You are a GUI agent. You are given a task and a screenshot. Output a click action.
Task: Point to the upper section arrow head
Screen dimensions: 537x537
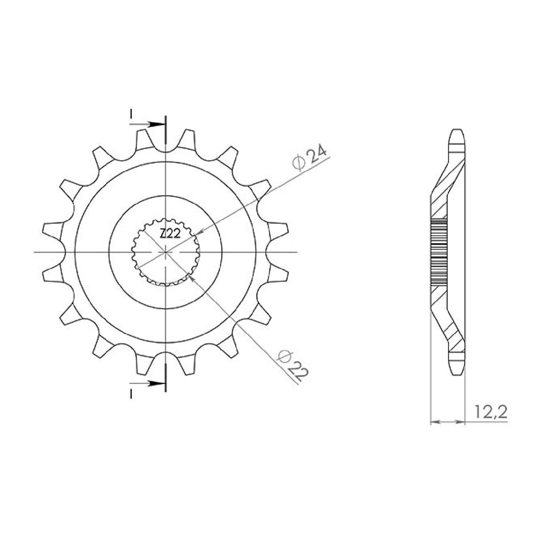(x=155, y=124)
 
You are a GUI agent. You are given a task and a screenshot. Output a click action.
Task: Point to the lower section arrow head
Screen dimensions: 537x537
(x=155, y=384)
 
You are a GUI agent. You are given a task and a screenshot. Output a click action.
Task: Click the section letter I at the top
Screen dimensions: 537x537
(x=130, y=114)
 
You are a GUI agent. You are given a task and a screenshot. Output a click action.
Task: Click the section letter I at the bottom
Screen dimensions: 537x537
(x=130, y=394)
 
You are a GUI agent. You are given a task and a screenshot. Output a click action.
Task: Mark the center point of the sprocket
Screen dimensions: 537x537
(x=165, y=253)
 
